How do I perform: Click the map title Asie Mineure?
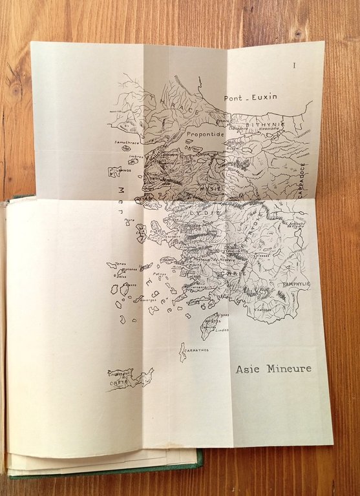273,369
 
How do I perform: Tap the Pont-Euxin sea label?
250,98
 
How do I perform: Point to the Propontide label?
205,134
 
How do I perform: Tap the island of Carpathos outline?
183,352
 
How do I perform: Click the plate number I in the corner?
294,65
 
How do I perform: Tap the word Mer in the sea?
120,192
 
